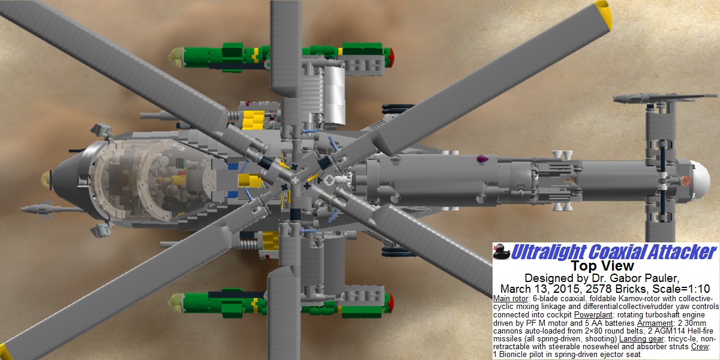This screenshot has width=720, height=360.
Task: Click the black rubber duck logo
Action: pyautogui.click(x=502, y=251)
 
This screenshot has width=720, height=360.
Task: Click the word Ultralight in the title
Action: pyautogui.click(x=549, y=251)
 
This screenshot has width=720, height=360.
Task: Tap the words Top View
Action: pyautogui.click(x=602, y=266)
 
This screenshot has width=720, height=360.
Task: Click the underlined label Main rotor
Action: pyautogui.click(x=511, y=299)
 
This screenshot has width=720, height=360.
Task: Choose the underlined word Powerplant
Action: pyautogui.click(x=593, y=315)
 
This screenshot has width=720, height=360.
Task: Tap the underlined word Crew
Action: pyautogui.click(x=700, y=347)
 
